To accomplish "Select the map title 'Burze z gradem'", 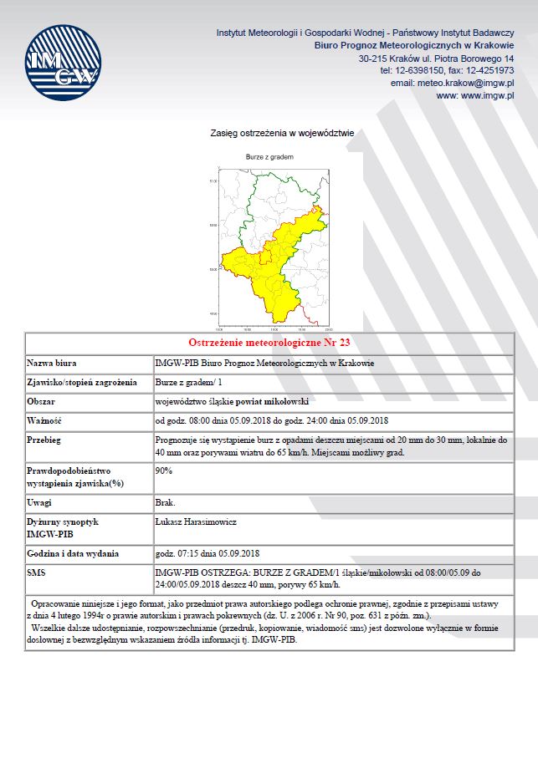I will (x=269, y=156).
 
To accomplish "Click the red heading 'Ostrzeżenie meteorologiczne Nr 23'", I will (x=269, y=343).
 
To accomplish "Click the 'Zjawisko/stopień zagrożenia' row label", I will (x=82, y=382).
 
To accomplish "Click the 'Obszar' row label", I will (x=42, y=401).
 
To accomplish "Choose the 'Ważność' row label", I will (x=45, y=420).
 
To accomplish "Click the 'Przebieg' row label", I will (x=46, y=439).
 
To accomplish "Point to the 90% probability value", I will (x=164, y=471).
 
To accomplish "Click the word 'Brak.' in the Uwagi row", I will (x=166, y=502).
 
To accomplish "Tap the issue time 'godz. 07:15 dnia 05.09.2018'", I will (x=208, y=553).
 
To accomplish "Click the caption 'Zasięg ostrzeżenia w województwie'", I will (x=283, y=132).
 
